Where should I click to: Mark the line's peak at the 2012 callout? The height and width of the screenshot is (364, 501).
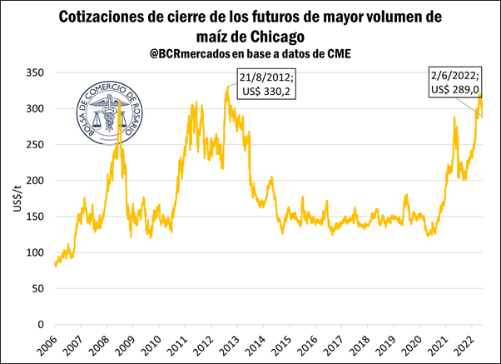tap(226, 87)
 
